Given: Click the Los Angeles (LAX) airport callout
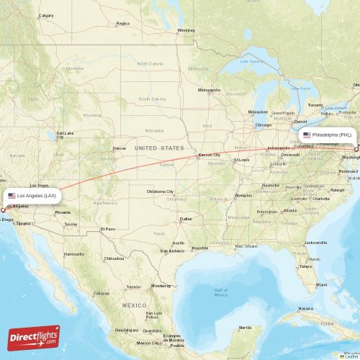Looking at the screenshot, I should pyautogui.click(x=32, y=195).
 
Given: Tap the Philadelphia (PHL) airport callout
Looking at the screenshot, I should pyautogui.click(x=328, y=135).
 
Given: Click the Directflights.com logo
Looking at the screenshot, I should pyautogui.click(x=34, y=337).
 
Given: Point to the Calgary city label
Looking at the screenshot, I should pyautogui.click(x=46, y=15).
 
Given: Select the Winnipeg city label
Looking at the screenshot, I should pyautogui.click(x=186, y=30).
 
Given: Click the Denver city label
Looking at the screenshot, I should pyautogui.click(x=120, y=148).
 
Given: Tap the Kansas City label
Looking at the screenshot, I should pyautogui.click(x=210, y=155).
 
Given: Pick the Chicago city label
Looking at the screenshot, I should pyautogui.click(x=264, y=125).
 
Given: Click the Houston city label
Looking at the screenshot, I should pyautogui.click(x=199, y=248).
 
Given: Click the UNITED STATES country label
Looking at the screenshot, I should pyautogui.click(x=159, y=148).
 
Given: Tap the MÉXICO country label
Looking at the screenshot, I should pyautogui.click(x=133, y=305).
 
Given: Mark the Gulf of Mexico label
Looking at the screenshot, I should pyautogui.click(x=221, y=292).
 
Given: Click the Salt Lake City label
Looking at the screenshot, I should pyautogui.click(x=65, y=135).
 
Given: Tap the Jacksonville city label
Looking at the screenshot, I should pyautogui.click(x=315, y=243).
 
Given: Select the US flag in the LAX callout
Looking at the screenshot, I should pyautogui.click(x=12, y=195).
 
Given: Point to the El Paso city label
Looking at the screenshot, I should pyautogui.click(x=107, y=228).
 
